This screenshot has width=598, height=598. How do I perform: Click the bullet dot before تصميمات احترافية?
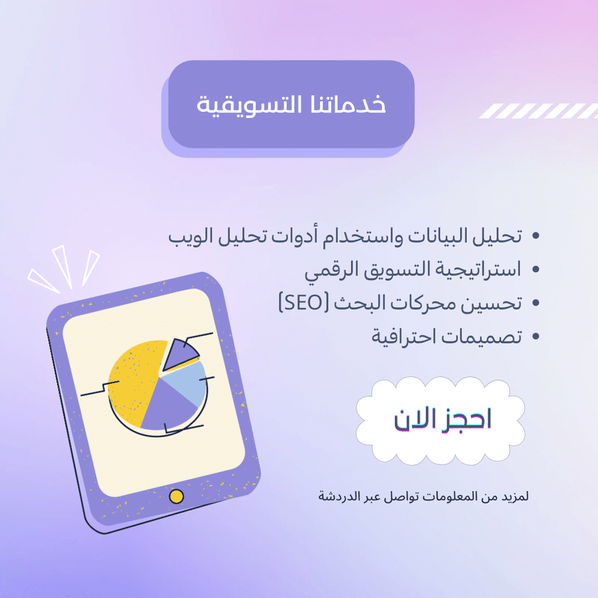click(x=536, y=336)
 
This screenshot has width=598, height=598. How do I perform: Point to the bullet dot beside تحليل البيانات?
click(x=536, y=236)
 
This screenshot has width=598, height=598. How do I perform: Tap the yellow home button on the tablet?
click(x=176, y=496)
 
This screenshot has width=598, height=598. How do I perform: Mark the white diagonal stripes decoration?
click(x=538, y=111)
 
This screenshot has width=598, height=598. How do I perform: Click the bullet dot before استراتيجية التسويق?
click(x=536, y=269)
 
